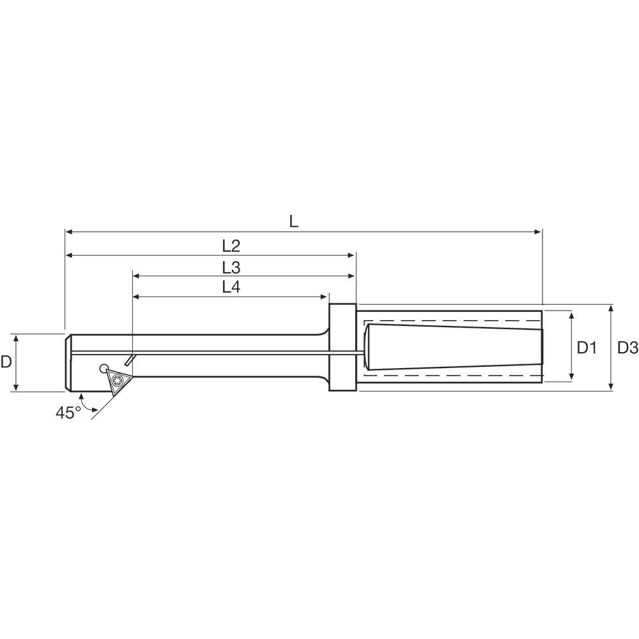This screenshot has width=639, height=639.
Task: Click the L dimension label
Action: (294, 221)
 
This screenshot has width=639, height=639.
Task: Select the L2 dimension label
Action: (231, 246)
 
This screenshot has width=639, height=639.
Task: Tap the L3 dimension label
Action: (231, 267)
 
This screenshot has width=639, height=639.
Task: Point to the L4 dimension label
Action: (231, 288)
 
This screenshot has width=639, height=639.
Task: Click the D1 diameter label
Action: (587, 348)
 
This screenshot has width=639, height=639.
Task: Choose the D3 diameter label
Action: (627, 348)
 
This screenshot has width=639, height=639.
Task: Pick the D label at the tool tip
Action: (6, 362)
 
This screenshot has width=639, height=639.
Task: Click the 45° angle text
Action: (68, 413)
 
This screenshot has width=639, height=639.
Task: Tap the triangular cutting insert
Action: (118, 381)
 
